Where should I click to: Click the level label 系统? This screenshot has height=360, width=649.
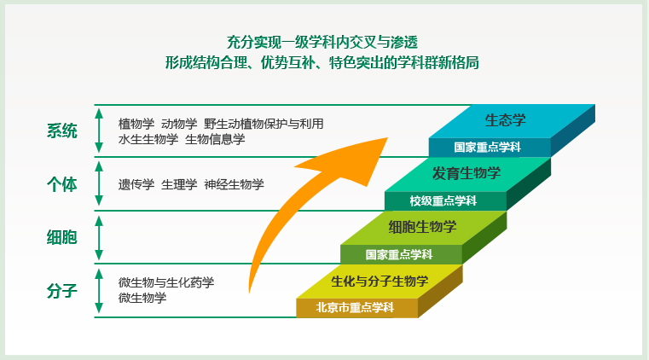coord(62,131)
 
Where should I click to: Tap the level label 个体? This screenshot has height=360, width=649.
coord(62,184)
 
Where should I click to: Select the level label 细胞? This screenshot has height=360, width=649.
coord(62,237)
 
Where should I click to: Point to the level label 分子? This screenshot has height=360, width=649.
coord(62,291)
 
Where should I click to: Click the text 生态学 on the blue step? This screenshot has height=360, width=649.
coord(506,120)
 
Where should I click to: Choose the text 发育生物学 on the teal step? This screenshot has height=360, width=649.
coord(466,173)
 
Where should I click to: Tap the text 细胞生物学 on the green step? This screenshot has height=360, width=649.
coord(423,227)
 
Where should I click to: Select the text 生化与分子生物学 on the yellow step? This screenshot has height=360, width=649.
coord(380,282)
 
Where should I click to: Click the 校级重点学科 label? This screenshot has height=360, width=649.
coord(443,201)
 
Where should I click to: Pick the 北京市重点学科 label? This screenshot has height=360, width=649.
coord(355,307)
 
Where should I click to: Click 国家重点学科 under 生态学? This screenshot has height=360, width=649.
coord(488,148)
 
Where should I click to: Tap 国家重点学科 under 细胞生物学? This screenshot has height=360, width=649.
coord(399,254)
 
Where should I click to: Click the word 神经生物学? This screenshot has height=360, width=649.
coord(235,184)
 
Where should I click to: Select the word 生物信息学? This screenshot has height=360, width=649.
coord(215,139)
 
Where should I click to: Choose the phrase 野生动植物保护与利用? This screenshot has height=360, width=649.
coord(264,124)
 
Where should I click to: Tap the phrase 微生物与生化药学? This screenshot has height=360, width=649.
coord(166,282)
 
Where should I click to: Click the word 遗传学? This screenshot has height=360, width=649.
coord(136,184)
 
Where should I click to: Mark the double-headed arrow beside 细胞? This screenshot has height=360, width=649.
coord(99,238)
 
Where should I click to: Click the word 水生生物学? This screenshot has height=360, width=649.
coord(148,139)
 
